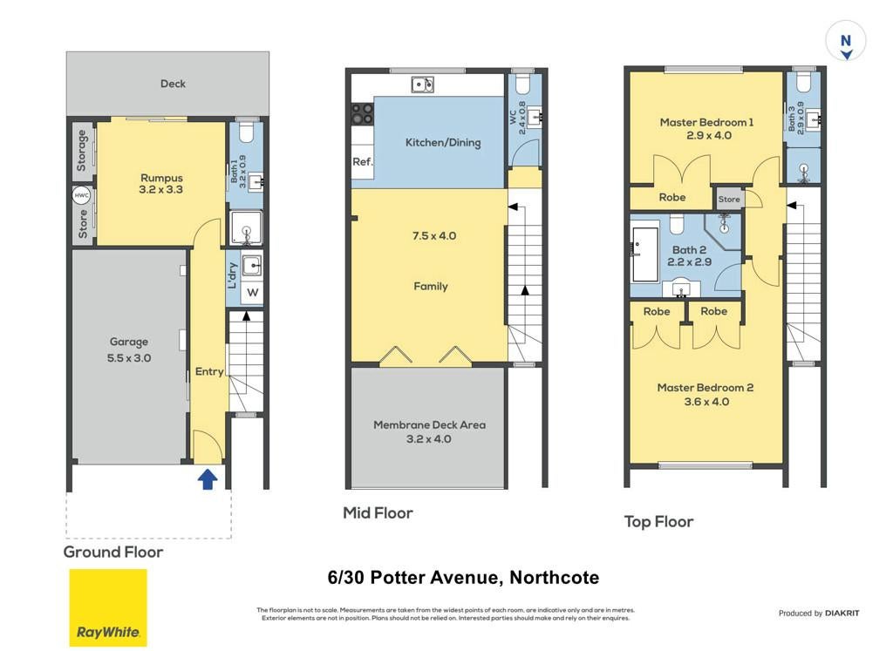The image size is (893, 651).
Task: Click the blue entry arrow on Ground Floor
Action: pyautogui.click(x=208, y=479)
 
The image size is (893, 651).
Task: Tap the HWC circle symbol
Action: pyautogui.click(x=81, y=196)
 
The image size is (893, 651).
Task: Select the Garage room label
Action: pyautogui.click(x=129, y=342)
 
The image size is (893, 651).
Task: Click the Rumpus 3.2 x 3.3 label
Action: pyautogui.click(x=161, y=183)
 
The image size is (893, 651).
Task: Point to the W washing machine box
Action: pyautogui.click(x=252, y=293)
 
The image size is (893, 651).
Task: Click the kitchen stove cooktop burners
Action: pyautogui.click(x=362, y=114)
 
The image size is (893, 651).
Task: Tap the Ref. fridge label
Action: pyautogui.click(x=363, y=161)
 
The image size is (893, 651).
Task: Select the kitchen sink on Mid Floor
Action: pyautogui.click(x=423, y=85)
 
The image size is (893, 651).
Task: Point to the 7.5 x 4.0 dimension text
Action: pyautogui.click(x=434, y=235)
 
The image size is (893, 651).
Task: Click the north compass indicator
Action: pyautogui.click(x=846, y=40)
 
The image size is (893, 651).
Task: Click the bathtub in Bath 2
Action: pyautogui.click(x=644, y=255)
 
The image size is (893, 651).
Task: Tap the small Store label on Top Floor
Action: pyautogui.click(x=729, y=200)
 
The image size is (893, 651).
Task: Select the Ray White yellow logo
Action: pyautogui.click(x=108, y=607)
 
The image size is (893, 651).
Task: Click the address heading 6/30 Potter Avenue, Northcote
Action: pyautogui.click(x=463, y=578)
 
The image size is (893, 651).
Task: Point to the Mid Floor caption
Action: pyautogui.click(x=378, y=512)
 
